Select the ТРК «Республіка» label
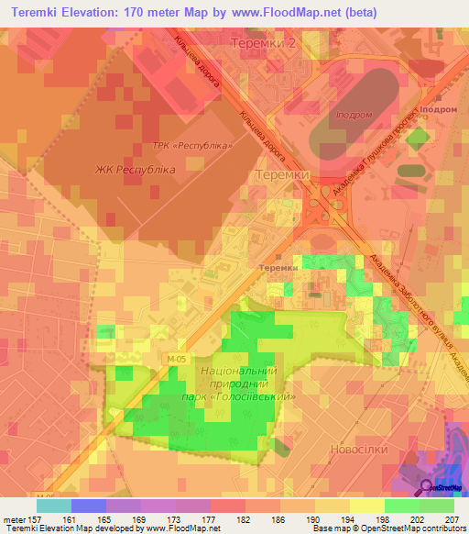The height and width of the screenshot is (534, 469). (x=191, y=147)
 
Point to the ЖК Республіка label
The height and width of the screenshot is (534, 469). (x=136, y=170)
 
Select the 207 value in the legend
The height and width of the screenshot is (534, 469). (x=452, y=519)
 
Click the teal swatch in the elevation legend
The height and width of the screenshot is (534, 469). (x=54, y=506)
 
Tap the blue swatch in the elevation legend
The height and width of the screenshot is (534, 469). (x=89, y=506)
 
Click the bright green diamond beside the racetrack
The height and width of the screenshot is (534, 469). (x=417, y=139)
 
